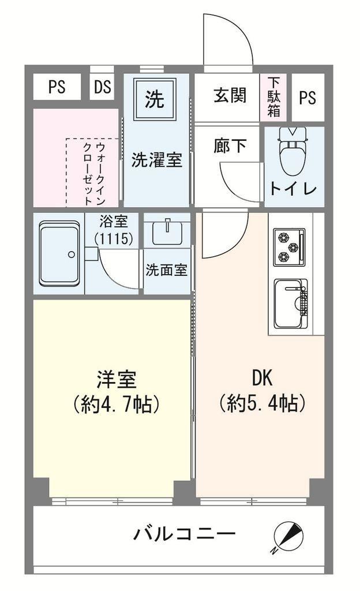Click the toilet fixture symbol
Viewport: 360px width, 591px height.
click(293, 151)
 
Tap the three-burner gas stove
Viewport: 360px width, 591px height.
click(289, 247)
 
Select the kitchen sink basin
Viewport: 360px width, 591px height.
click(290, 304)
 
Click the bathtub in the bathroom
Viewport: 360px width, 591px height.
click(59, 254)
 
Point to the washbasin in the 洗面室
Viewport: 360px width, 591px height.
click(167, 232)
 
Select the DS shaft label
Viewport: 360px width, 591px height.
click(103, 87)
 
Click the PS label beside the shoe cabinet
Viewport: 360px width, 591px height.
click(307, 98)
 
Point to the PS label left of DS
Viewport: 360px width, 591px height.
click(57, 87)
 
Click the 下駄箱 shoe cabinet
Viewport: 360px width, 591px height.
click(274, 97)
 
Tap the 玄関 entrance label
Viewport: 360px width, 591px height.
click(230, 95)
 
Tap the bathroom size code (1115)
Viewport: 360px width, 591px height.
click(114, 238)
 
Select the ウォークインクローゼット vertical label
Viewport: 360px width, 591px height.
click(94, 174)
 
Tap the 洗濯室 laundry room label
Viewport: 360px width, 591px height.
click(157, 160)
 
